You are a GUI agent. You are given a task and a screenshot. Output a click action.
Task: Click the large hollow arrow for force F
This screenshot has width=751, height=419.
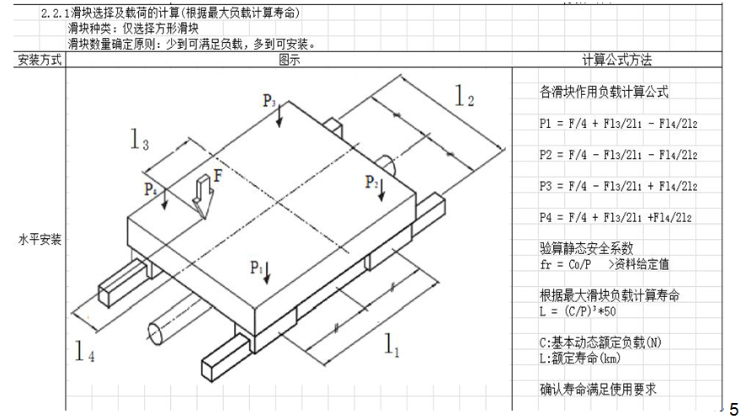pyautogui.click(x=203, y=196)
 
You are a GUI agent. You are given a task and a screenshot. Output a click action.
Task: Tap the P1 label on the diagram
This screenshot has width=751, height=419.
pyautogui.click(x=256, y=268)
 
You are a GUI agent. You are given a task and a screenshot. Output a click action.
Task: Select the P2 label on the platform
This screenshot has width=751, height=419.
pyautogui.click(x=371, y=182)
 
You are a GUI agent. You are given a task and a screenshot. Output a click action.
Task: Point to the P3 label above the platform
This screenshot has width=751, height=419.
pyautogui.click(x=269, y=101)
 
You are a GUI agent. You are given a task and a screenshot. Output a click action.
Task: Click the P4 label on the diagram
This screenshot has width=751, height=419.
pyautogui.click(x=151, y=189)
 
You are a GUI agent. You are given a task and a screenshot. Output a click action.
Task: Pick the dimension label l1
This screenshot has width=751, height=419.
pyautogui.click(x=391, y=345)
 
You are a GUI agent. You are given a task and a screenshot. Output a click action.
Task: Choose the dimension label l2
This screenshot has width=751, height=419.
pyautogui.click(x=464, y=95)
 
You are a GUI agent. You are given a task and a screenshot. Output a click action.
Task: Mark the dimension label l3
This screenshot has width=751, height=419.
pyautogui.click(x=140, y=140)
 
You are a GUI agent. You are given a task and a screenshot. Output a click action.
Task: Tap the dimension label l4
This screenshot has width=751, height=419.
pyautogui.click(x=85, y=350)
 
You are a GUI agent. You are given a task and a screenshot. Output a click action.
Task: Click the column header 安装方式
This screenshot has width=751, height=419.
pyautogui.click(x=40, y=60)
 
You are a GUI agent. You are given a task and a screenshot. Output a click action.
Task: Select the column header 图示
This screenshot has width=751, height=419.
pyautogui.click(x=290, y=60)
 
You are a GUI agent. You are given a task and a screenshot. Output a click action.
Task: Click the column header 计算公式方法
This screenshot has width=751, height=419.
pyautogui.click(x=617, y=60)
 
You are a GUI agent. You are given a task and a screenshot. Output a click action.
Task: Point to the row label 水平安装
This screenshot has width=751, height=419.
pyautogui.click(x=40, y=239)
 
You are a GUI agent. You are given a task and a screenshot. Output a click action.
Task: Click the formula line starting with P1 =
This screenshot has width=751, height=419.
pyautogui.click(x=618, y=124)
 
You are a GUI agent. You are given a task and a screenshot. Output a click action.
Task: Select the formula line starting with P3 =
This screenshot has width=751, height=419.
pyautogui.click(x=618, y=186)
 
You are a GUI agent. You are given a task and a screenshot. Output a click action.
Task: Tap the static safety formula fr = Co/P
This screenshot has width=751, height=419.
pyautogui.click(x=565, y=264)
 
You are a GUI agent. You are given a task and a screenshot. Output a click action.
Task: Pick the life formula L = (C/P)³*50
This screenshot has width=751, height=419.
pyautogui.click(x=578, y=311)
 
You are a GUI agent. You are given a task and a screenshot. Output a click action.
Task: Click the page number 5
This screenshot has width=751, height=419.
pyautogui.click(x=734, y=409)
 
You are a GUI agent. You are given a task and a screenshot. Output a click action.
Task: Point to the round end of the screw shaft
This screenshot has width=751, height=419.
pyautogui.click(x=155, y=334)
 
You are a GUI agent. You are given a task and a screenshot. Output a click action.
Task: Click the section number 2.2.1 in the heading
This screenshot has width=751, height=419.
pyautogui.click(x=56, y=13)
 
